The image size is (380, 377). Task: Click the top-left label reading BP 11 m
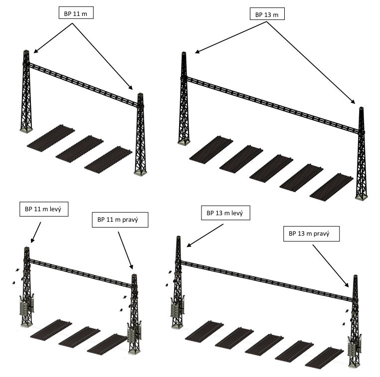[x=76, y=13]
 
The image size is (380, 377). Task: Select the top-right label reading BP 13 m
[x=267, y=14]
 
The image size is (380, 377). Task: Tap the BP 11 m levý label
[x=44, y=209]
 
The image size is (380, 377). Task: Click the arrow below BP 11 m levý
[x=36, y=232]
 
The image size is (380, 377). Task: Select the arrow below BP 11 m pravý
[x=126, y=250]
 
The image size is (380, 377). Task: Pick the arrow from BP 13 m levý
[x=205, y=235]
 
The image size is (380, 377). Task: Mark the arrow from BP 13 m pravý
[x=331, y=266]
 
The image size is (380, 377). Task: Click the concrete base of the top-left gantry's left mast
[x=26, y=130]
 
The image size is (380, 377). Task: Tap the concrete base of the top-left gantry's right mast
[x=140, y=173]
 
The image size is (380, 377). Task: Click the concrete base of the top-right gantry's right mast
[x=362, y=197]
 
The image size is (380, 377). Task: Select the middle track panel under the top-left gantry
[x=79, y=149]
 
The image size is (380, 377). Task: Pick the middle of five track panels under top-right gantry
[x=271, y=167]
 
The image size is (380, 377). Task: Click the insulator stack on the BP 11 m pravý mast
[x=134, y=334]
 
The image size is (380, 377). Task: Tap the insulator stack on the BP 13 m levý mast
[x=178, y=307]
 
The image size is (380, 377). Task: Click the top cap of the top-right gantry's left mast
[x=184, y=53]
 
